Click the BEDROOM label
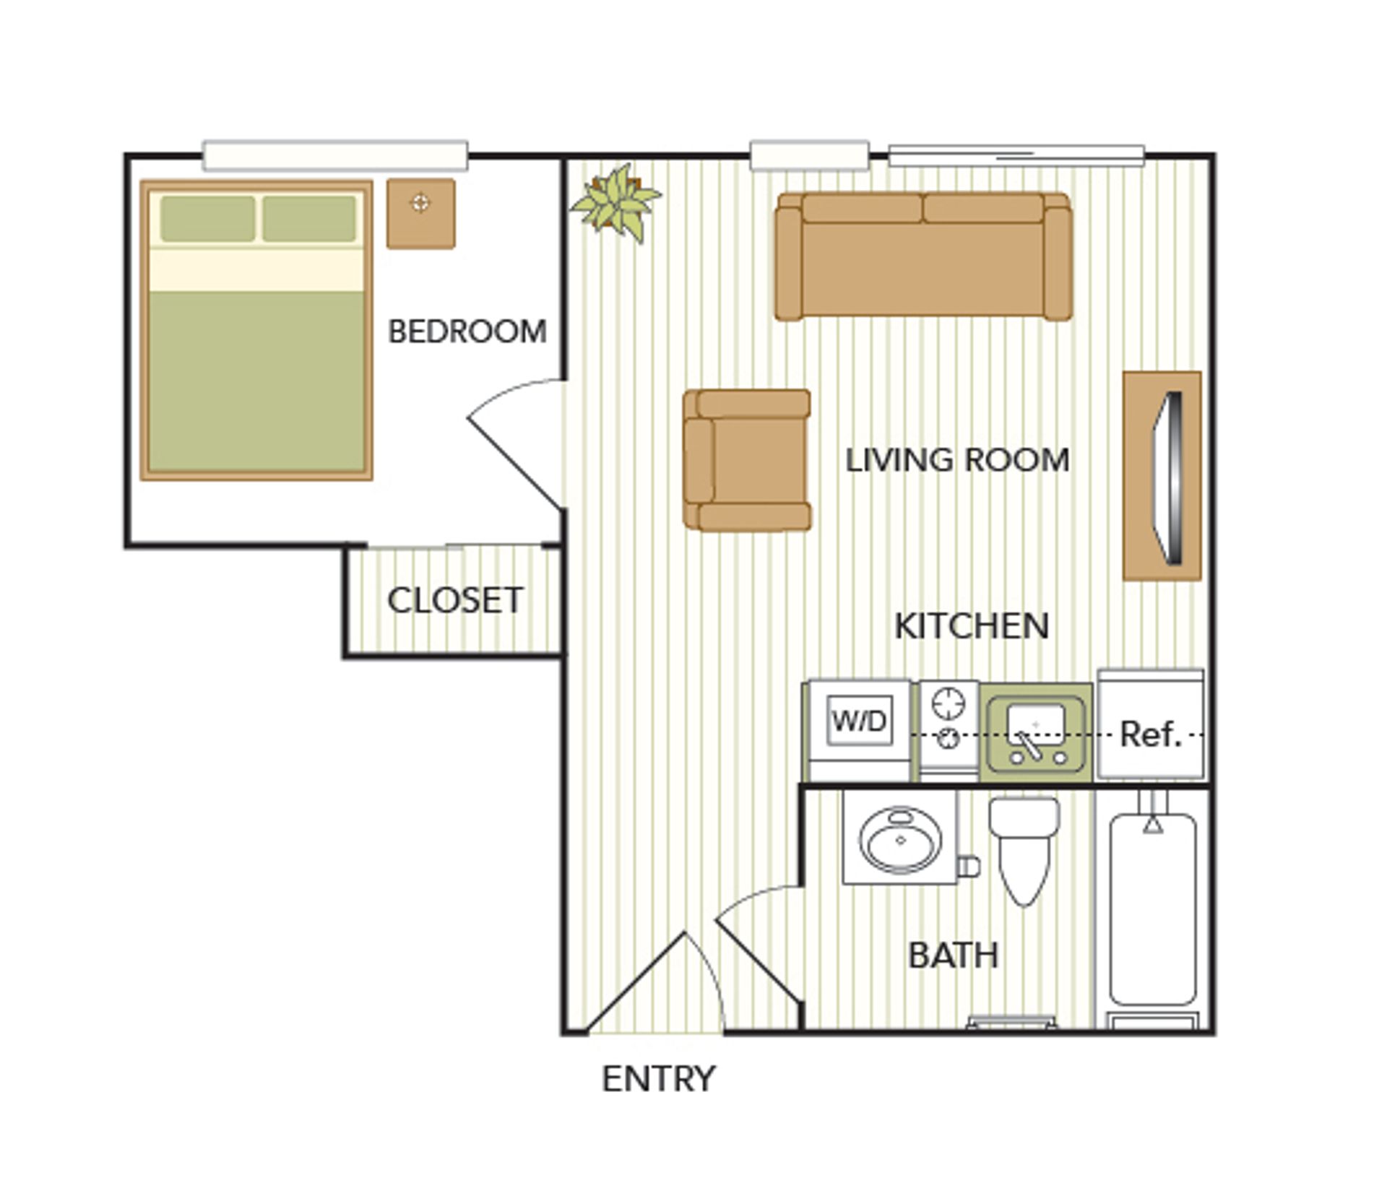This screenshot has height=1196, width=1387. point(467,332)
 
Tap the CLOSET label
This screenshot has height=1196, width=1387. point(455,600)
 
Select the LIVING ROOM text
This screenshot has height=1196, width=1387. point(957,461)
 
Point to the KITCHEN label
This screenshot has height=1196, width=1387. point(972,626)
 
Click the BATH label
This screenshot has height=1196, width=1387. point(953,955)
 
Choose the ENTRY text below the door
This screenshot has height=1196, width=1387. point(658,1079)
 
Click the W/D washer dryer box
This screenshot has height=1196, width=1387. point(859,721)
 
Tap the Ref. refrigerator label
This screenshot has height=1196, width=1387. point(1150,734)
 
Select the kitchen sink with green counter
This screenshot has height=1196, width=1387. point(1035,731)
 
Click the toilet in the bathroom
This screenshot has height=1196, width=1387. point(1024,849)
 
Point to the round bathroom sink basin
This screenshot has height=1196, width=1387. point(901,840)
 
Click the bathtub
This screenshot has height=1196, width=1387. point(1153,910)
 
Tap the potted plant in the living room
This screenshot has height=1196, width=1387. point(616,201)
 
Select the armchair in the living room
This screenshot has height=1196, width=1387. point(748,460)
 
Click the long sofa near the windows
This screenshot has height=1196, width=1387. point(923,257)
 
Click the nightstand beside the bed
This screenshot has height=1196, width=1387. point(420,214)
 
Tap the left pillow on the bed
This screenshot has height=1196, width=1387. point(207,218)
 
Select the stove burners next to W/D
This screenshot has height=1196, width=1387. point(949,720)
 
